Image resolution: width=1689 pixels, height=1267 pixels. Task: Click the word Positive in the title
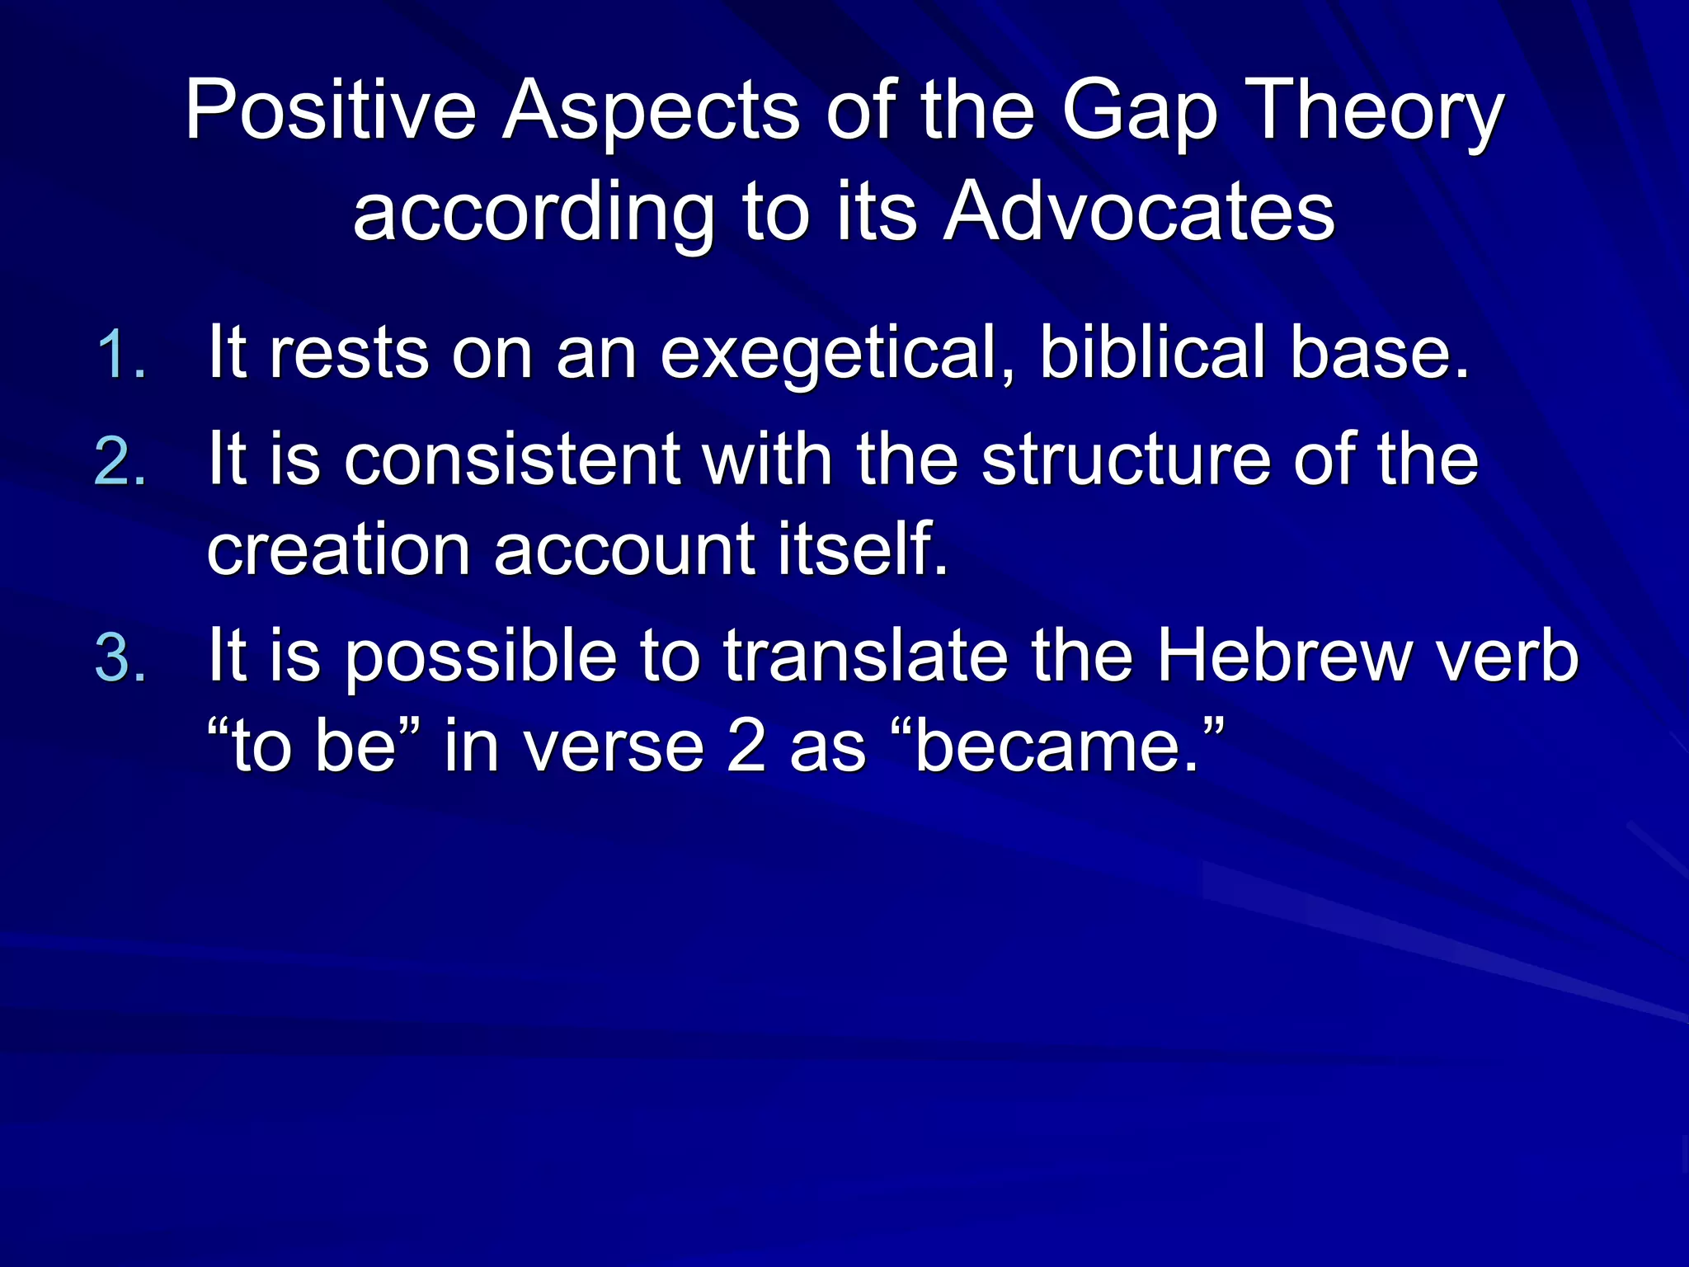pos(330,110)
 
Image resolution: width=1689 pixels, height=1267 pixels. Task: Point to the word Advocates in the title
pos(1138,213)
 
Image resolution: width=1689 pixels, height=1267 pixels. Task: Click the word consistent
pos(512,459)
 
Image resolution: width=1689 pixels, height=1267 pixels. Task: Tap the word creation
pos(338,549)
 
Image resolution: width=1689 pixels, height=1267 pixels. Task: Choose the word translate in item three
pos(866,657)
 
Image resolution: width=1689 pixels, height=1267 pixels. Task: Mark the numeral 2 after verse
pos(746,747)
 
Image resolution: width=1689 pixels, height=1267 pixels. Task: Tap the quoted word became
pos(1056,747)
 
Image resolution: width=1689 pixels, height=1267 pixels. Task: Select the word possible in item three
pos(481,658)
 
